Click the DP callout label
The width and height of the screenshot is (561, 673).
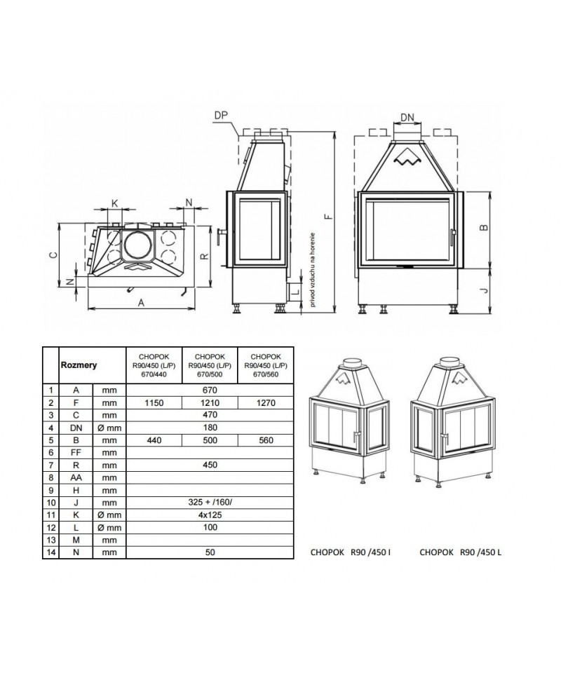coord(221,116)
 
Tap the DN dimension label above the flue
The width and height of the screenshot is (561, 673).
coord(407,118)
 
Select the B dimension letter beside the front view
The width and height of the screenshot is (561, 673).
coord(484,227)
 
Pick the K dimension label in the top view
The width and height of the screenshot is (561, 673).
coord(114,203)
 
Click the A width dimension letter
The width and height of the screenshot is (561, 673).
coord(141,303)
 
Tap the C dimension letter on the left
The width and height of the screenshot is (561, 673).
coord(53,255)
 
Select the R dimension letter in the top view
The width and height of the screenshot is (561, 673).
coord(205,257)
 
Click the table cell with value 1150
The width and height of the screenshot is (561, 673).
coord(154,402)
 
